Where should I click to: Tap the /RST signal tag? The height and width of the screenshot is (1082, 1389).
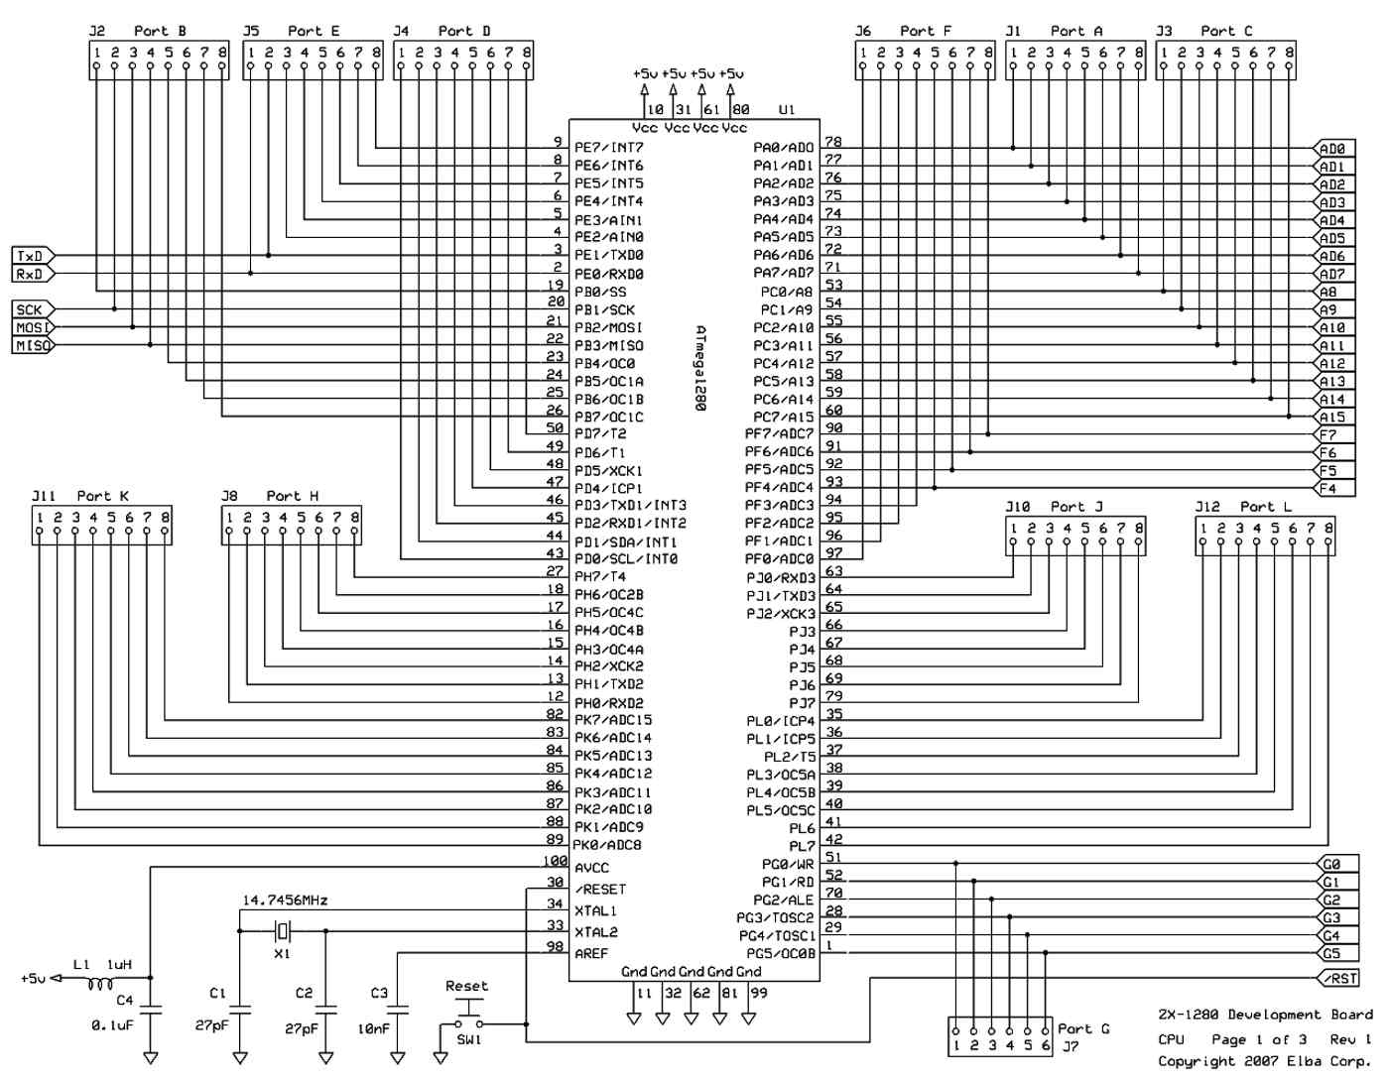point(1338,978)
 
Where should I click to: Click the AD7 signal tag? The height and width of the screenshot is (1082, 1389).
point(1333,274)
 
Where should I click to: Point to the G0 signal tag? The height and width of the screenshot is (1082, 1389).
point(1337,864)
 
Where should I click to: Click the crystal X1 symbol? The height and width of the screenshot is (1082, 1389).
point(282,931)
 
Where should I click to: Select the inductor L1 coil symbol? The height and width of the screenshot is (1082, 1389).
point(100,985)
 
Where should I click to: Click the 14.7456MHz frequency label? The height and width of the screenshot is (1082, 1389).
point(285,901)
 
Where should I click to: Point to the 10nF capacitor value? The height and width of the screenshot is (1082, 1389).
point(374,1029)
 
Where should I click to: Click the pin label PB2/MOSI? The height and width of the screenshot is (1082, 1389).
point(608,327)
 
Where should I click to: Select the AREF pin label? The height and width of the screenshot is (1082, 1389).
point(591,954)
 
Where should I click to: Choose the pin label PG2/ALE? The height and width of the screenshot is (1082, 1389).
point(783,900)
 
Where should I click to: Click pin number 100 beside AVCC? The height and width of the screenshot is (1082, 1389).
point(555,861)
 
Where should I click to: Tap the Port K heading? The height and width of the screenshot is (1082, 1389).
point(103,496)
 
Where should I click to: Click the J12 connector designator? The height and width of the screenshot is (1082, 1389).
point(1207,507)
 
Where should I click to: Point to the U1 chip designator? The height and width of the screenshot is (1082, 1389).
point(786,110)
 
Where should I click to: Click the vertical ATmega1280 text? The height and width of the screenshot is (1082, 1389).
point(700,369)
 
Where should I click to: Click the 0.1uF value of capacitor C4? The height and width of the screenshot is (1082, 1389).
point(112,1025)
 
